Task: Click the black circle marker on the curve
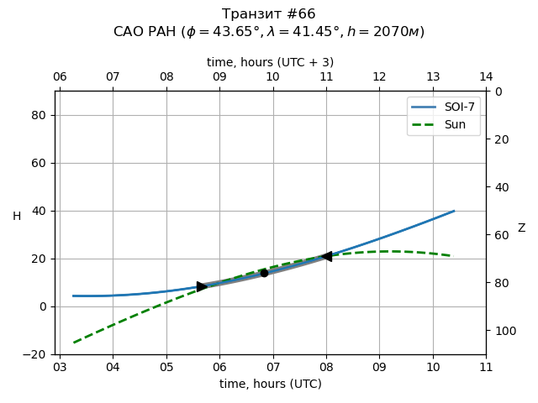click(x=264, y=273)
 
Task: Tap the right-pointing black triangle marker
click(x=202, y=286)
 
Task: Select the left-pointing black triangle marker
click(x=326, y=256)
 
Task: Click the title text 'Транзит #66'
click(x=269, y=14)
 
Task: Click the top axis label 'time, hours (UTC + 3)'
click(x=271, y=62)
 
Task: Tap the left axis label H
click(x=17, y=217)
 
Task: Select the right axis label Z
click(x=521, y=228)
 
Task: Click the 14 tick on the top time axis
click(x=486, y=77)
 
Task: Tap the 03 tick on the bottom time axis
click(x=60, y=368)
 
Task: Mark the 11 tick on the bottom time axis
click(x=486, y=368)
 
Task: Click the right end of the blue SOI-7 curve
click(x=454, y=211)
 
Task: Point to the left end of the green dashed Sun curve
click(x=74, y=343)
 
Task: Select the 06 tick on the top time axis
click(x=60, y=77)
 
